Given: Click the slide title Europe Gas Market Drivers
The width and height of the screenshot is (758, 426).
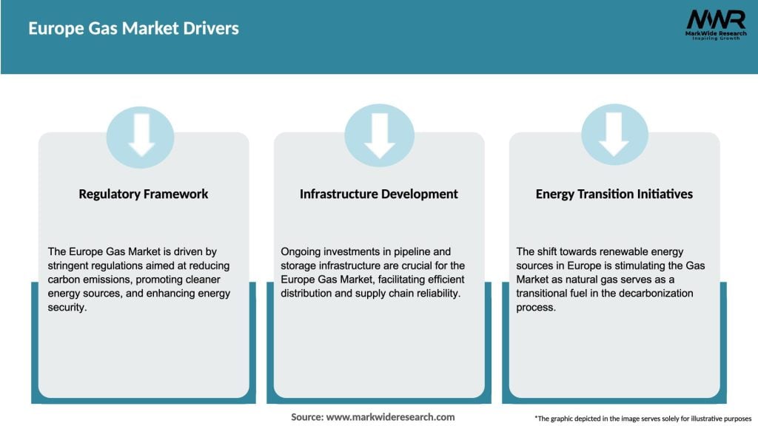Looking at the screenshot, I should (133, 29).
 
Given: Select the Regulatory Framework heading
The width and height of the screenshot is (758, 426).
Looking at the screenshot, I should (144, 194).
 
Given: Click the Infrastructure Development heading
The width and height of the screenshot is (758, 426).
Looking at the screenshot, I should (379, 194).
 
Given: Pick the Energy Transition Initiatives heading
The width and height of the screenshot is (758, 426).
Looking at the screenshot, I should (614, 194).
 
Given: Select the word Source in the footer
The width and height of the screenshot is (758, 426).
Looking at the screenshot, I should (306, 417).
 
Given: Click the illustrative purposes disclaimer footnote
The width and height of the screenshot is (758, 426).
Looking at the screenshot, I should (642, 418).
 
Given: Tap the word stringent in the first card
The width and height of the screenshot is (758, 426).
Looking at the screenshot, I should (69, 266).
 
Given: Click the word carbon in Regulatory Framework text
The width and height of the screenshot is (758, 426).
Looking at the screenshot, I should (65, 280).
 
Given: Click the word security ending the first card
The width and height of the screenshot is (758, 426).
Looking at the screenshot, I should (67, 308).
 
